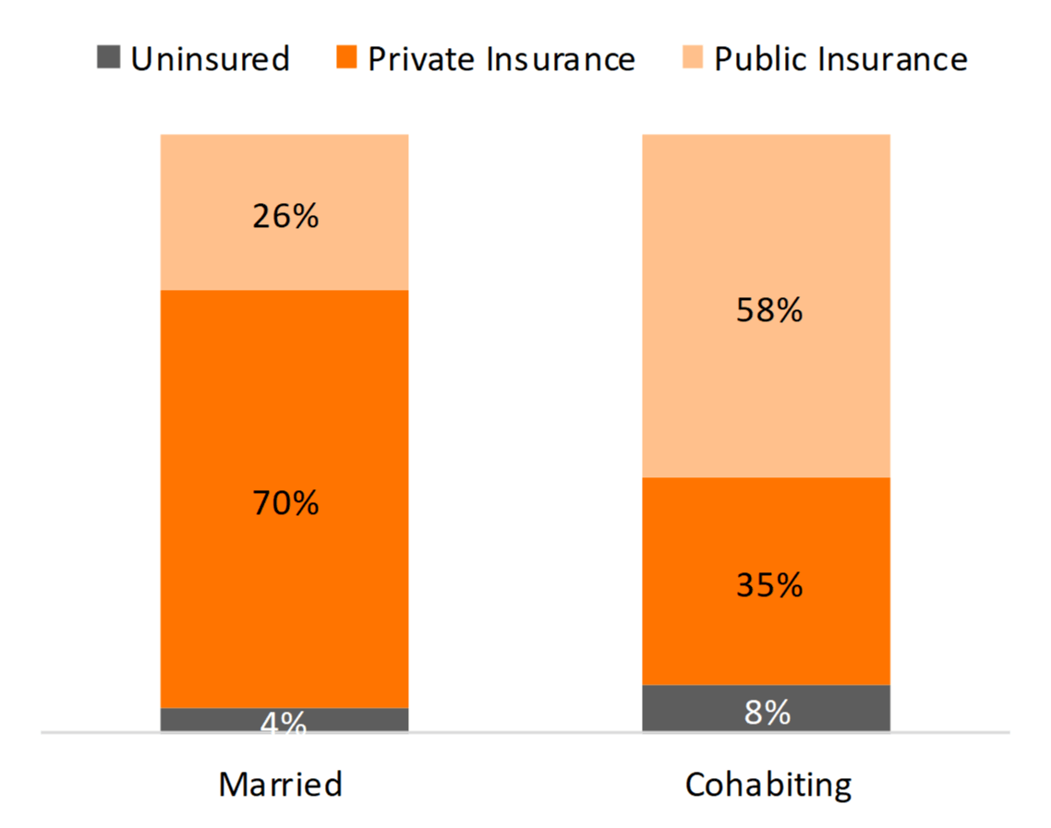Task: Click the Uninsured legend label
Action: pos(210,59)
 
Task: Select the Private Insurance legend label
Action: pos(501,59)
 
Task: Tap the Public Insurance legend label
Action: pos(840,59)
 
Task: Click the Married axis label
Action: pos(281,785)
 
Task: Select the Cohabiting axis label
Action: pos(768,785)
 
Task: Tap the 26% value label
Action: pos(284,216)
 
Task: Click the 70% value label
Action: pos(284,503)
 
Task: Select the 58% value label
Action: pos(768,310)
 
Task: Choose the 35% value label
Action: pos(768,585)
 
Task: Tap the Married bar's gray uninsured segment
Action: pos(203,720)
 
